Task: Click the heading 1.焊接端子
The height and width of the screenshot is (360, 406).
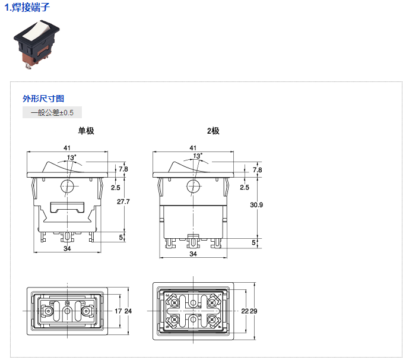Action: [28, 8]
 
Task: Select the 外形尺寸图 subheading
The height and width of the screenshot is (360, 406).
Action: [43, 99]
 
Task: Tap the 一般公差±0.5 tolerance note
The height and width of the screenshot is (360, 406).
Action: [52, 113]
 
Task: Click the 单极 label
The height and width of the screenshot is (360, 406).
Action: [86, 131]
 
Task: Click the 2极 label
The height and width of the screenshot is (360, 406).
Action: [212, 131]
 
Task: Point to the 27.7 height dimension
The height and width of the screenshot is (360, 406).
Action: [123, 202]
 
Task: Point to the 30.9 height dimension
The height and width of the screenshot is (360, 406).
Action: [256, 205]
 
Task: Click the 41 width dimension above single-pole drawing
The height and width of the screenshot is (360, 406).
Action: [67, 148]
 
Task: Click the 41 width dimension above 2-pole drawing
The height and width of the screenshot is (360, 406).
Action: [193, 148]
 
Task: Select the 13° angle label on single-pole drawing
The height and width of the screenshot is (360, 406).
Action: [72, 157]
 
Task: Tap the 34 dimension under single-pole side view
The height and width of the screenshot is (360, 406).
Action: [67, 248]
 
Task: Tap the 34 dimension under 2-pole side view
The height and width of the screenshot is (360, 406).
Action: [193, 254]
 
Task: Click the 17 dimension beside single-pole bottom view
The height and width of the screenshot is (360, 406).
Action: [118, 311]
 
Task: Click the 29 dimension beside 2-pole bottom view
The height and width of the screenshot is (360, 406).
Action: [253, 311]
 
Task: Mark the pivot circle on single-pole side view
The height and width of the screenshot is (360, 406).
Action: [67, 188]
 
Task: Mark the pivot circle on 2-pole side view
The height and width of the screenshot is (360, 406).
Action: [193, 188]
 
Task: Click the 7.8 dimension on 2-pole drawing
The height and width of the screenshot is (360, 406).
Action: [257, 170]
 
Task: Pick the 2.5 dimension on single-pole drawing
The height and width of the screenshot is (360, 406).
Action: [116, 187]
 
